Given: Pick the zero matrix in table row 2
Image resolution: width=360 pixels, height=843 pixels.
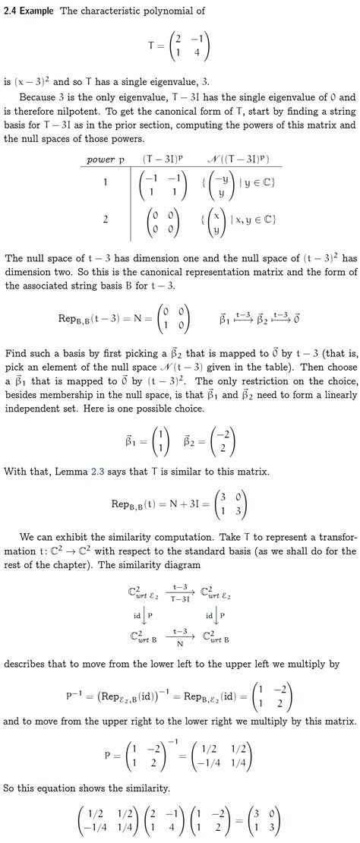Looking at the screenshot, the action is [x=163, y=220].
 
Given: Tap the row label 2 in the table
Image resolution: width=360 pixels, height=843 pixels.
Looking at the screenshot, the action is [x=105, y=219].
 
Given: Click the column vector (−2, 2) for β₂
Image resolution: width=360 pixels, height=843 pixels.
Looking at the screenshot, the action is [x=223, y=419].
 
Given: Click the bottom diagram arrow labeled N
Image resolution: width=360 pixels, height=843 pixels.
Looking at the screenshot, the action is [x=180, y=636].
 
